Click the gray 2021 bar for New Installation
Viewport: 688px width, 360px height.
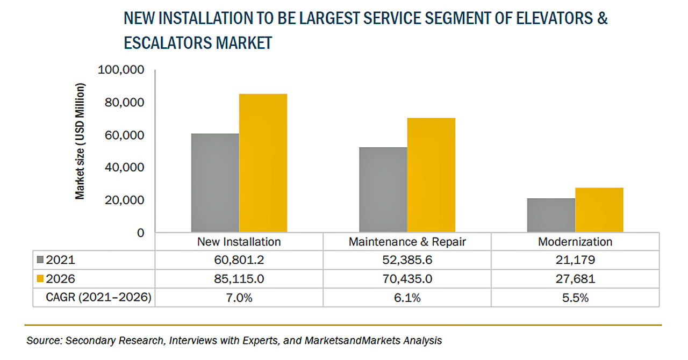215,183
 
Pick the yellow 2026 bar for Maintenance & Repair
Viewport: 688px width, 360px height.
431,175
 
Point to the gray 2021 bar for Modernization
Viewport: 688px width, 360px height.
551,215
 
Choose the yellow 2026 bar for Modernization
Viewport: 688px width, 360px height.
599,210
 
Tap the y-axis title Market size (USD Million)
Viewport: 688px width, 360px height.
80,141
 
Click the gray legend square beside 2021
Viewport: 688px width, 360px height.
40,261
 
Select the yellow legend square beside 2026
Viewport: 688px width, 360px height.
40,279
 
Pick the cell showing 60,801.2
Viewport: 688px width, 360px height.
239,261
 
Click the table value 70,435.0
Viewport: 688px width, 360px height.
407,279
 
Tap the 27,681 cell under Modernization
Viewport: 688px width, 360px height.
575,279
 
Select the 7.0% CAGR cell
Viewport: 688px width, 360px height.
239,298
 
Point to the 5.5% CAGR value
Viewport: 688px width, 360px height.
575,298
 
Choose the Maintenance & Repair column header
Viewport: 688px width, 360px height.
407,242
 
